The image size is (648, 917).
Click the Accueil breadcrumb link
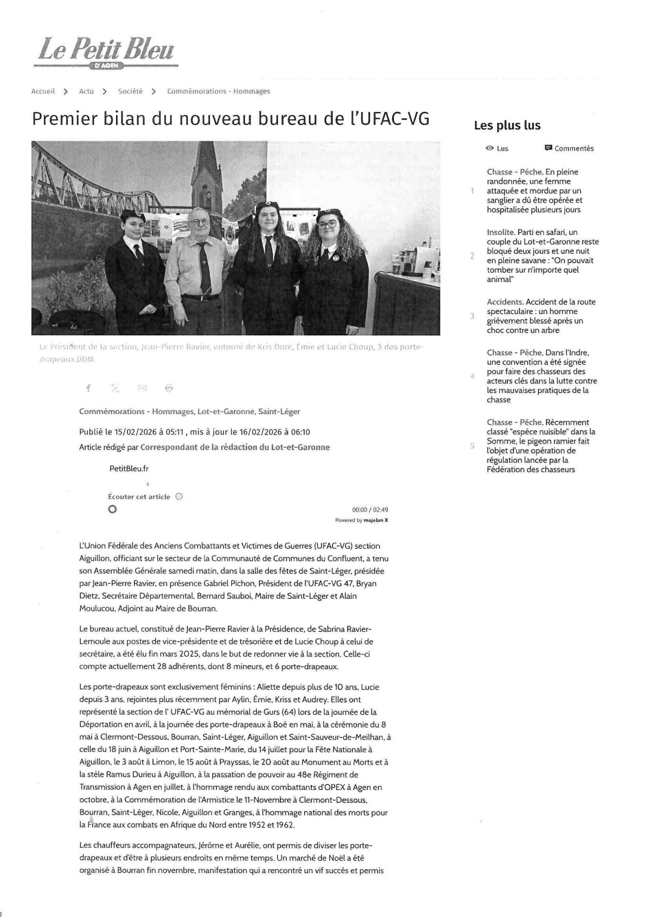[43, 91]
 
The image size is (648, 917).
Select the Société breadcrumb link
[130, 91]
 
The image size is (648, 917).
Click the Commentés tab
[569, 149]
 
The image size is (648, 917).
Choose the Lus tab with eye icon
[497, 149]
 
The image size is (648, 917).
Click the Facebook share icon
[88, 388]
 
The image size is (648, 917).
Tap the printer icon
[169, 388]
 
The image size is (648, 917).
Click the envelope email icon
[142, 388]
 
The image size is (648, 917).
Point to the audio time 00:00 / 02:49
[370, 510]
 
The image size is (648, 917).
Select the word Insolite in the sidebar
[500, 232]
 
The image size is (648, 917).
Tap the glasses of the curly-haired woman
[328, 224]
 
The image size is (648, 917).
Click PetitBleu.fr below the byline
[129, 469]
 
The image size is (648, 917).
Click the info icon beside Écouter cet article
[179, 497]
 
